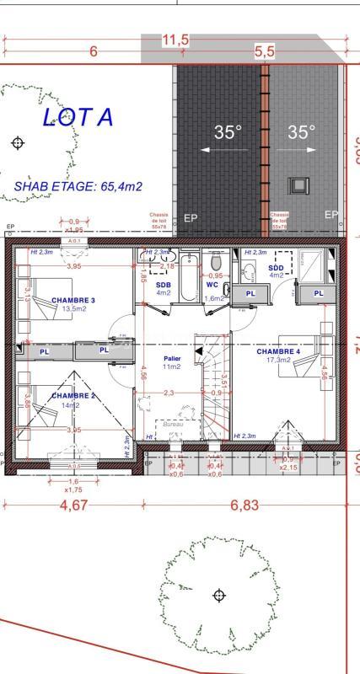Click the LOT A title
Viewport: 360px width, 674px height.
(78, 117)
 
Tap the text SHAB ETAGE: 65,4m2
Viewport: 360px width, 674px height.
(78, 186)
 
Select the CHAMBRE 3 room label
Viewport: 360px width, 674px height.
(73, 300)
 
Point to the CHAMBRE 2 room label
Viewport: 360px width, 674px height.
(73, 395)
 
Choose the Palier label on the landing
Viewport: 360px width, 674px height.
(172, 358)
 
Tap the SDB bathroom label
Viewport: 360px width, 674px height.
(164, 285)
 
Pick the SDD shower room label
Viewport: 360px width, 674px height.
(277, 267)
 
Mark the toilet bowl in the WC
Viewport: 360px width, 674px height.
(216, 262)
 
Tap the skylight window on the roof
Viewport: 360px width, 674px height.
(298, 185)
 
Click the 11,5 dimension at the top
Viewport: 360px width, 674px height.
(175, 40)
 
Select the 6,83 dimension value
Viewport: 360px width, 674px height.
(244, 505)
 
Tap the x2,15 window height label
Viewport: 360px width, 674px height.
(288, 467)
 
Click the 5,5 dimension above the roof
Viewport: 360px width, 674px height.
(265, 51)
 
